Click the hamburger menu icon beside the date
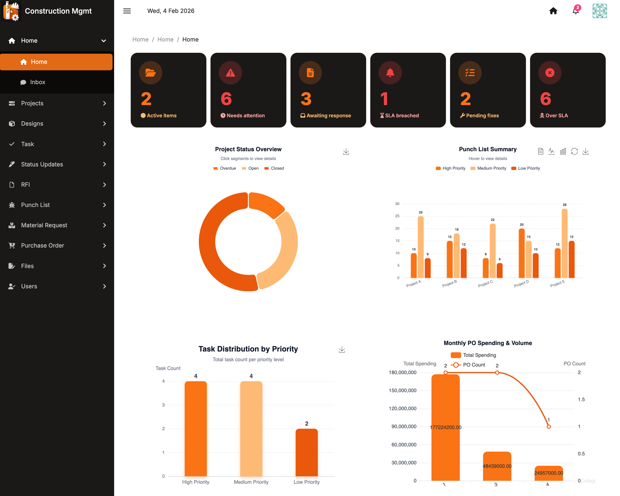[x=127, y=11]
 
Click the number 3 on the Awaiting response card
[x=306, y=99]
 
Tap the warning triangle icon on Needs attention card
[x=230, y=73]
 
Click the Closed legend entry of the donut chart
[x=274, y=168]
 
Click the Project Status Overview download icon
[x=346, y=151]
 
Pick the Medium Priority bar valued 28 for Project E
[x=564, y=243]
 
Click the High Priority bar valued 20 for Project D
[x=522, y=253]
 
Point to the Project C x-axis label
[x=485, y=283]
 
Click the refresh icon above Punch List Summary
[x=574, y=151]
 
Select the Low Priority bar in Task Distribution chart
[x=307, y=453]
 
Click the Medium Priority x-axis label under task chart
[x=251, y=482]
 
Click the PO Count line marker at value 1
[x=549, y=427]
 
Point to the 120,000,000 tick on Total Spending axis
[x=403, y=409]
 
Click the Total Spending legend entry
[x=473, y=355]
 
